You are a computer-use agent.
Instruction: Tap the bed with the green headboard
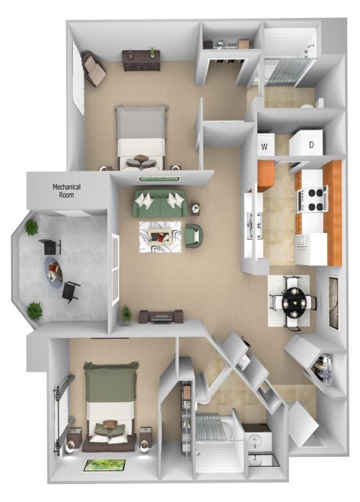(x=111, y=405)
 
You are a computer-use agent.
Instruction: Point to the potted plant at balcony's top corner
(x=32, y=227)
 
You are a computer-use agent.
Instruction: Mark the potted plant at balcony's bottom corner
(x=34, y=309)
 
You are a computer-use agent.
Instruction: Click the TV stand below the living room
(x=159, y=317)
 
